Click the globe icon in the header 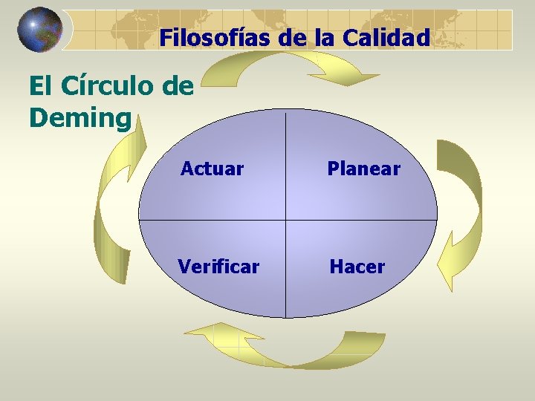(x=39, y=30)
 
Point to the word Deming (x=80, y=117)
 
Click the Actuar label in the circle (x=212, y=169)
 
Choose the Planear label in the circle (x=364, y=169)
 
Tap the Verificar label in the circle (x=218, y=266)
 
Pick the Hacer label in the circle (x=357, y=266)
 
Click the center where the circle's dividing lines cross (x=286, y=220)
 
